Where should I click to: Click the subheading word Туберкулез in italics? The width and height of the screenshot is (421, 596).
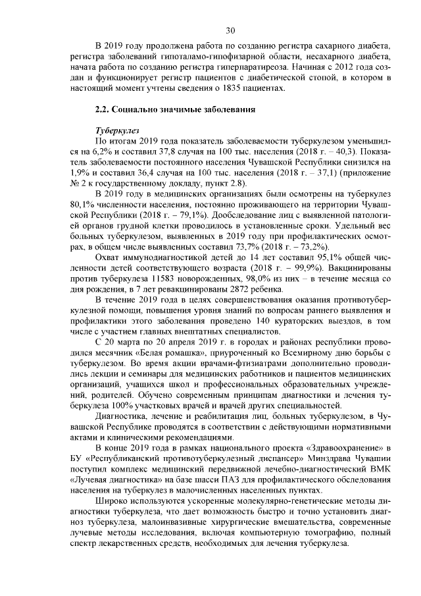click(116, 130)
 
